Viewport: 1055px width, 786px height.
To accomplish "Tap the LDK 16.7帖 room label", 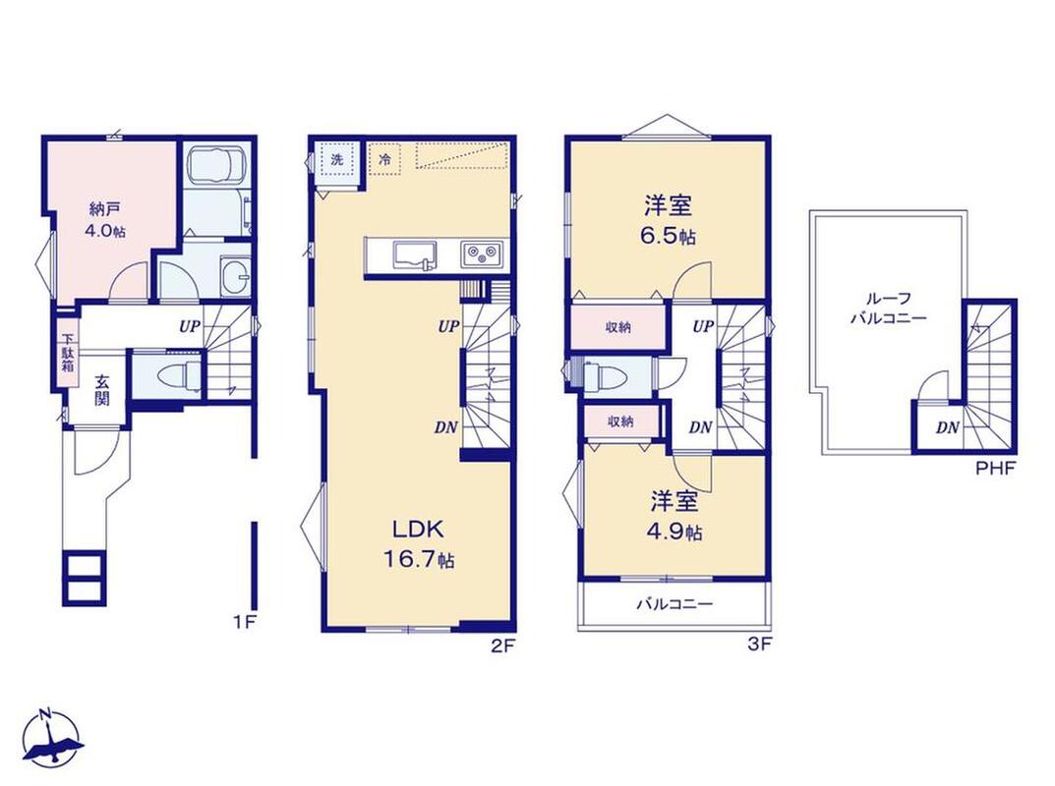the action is [x=419, y=544].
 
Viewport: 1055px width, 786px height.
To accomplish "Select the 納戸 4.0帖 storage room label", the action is [x=104, y=220].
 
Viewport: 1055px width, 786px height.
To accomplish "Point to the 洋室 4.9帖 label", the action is [x=675, y=517].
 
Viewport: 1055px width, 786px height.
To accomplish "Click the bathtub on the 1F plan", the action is [x=215, y=166].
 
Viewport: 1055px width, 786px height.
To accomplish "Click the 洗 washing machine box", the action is [x=337, y=160].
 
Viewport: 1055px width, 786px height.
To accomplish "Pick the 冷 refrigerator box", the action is [x=384, y=160].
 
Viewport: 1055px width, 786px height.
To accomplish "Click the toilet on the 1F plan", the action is [x=179, y=374].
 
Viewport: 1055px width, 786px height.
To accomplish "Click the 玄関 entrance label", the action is [x=101, y=390].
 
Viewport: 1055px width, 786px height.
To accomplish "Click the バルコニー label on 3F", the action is [x=674, y=604].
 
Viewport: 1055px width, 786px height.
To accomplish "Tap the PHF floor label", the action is [x=996, y=469].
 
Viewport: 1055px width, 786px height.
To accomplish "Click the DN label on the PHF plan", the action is [x=948, y=427].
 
